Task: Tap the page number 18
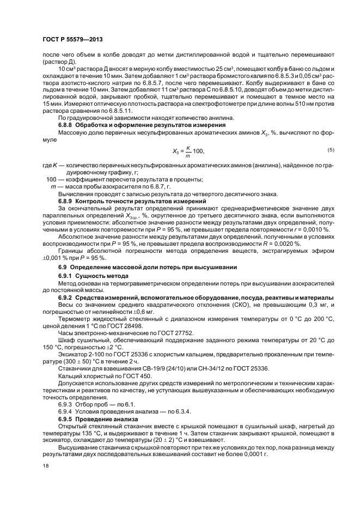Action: click(45, 466)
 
